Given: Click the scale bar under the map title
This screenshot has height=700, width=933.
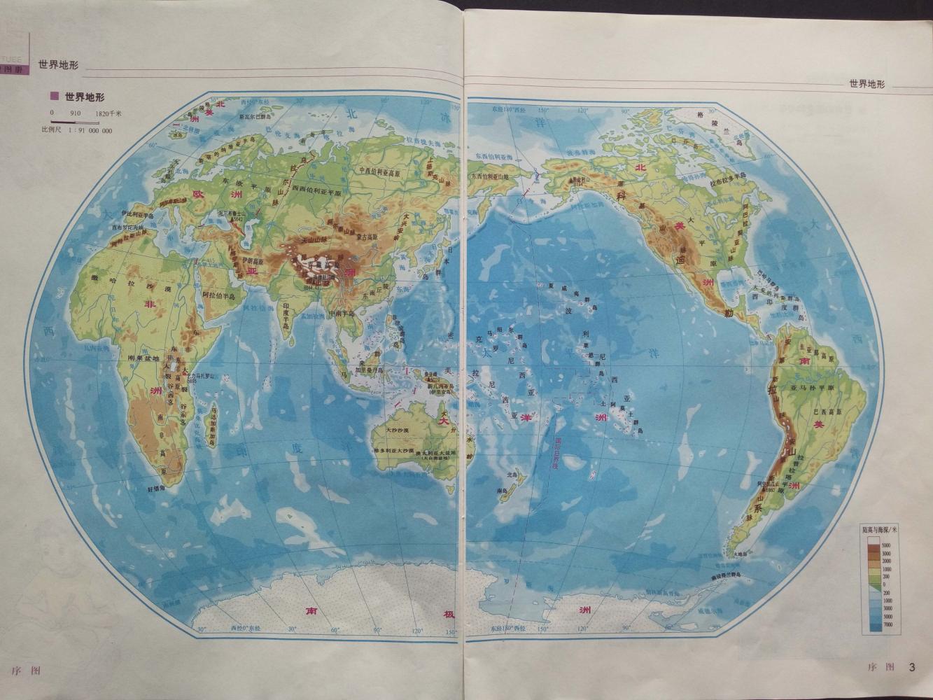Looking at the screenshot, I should click(x=80, y=120).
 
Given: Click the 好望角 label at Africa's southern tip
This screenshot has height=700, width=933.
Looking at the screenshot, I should click(x=155, y=488).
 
